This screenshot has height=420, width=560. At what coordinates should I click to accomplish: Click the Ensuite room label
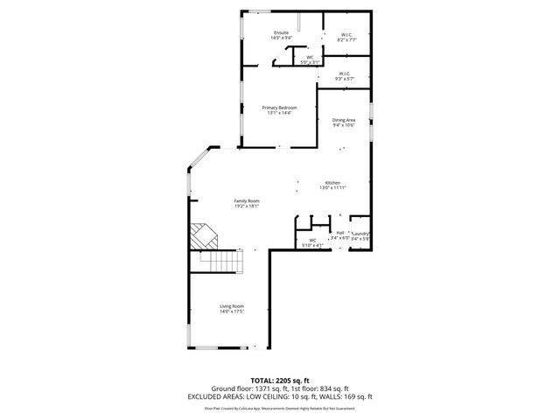pos(280,32)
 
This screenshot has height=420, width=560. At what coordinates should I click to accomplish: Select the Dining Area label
pos(343,120)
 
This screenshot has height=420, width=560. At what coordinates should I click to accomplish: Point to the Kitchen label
pos(333,183)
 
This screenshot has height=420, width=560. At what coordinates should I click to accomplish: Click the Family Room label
pos(246,201)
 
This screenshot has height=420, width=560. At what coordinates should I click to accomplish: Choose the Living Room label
pos(231,305)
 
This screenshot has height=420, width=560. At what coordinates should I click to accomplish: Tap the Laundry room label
pos(361,234)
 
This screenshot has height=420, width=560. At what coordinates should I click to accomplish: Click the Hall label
pos(340,233)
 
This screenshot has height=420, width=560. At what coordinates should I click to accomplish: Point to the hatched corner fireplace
pos(203,234)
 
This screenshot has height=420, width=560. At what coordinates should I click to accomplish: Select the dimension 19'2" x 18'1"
pos(246,206)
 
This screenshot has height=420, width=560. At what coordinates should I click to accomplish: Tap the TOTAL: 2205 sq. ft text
pos(279,379)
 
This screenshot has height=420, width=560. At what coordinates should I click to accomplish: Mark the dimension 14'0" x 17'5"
pos(231,311)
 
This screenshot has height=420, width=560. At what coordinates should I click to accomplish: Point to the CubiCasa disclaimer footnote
pos(279,408)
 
